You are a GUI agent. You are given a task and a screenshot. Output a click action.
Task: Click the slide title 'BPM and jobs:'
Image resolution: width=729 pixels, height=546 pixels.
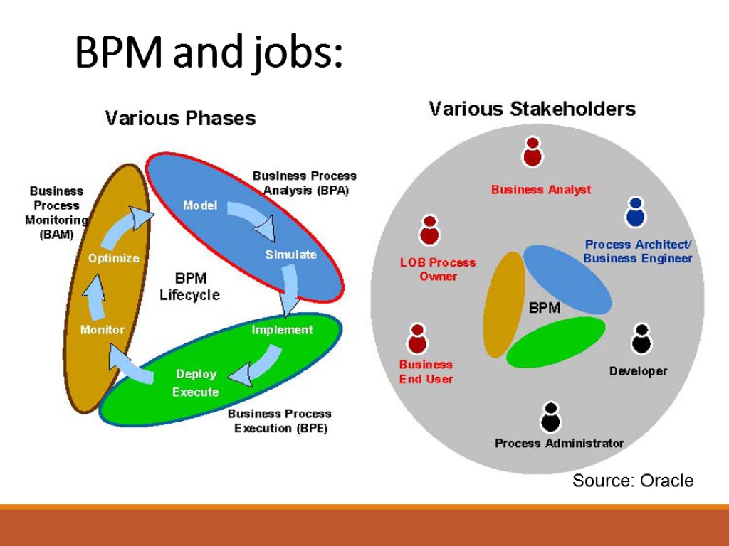coord(209,53)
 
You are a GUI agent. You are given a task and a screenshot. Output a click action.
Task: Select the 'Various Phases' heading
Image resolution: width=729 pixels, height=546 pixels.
coord(180,117)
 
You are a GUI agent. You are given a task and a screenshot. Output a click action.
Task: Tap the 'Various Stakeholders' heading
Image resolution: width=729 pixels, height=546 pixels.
coord(532,109)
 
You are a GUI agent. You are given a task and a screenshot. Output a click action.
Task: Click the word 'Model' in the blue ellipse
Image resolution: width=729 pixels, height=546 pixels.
coord(200,205)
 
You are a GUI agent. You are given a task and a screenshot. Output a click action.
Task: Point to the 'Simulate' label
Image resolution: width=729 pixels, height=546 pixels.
coord(290,255)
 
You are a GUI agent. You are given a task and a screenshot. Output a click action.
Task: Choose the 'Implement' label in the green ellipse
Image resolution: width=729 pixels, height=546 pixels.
coord(282,330)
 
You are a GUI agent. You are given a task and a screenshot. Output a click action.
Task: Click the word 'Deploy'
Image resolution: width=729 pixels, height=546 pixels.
coord(196,374)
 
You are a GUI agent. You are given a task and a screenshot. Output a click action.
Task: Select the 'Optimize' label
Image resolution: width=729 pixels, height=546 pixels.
coord(113,258)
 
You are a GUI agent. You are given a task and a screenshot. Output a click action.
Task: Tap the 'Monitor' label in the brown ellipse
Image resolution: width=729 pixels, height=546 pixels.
coord(102,330)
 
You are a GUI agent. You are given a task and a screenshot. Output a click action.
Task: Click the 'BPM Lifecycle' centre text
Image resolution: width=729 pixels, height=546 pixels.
coord(189,287)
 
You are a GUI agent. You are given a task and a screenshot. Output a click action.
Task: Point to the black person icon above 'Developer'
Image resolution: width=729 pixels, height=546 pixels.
coord(641,339)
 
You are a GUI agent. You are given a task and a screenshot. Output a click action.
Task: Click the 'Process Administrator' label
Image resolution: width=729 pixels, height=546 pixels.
coord(559,444)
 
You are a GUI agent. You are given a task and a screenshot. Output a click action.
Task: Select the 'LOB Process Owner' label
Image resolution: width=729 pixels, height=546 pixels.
coord(438,269)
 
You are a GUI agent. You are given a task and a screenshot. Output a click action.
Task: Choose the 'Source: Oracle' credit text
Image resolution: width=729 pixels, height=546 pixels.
coord(632,481)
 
